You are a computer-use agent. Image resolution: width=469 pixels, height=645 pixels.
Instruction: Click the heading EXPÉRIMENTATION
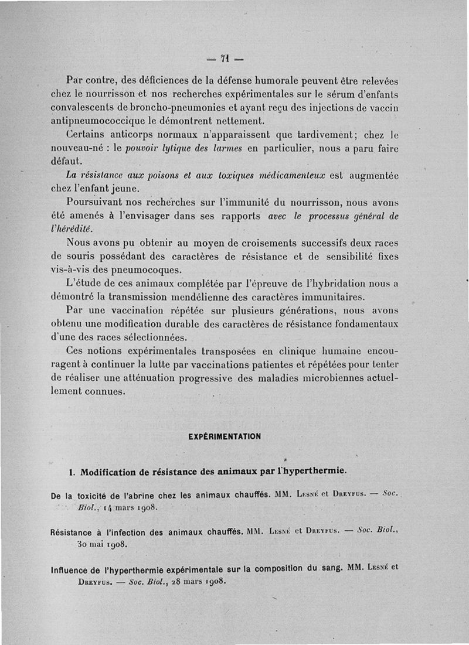[x=225, y=436]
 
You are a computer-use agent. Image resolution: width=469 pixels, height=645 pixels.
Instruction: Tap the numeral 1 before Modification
[x=71, y=472]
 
